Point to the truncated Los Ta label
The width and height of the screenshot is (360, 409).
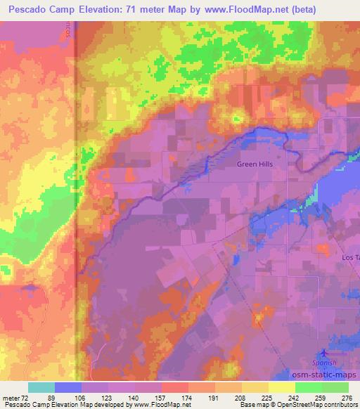point(350,258)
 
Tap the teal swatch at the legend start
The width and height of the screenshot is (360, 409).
point(41,387)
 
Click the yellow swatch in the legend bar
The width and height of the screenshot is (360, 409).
point(281,387)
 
